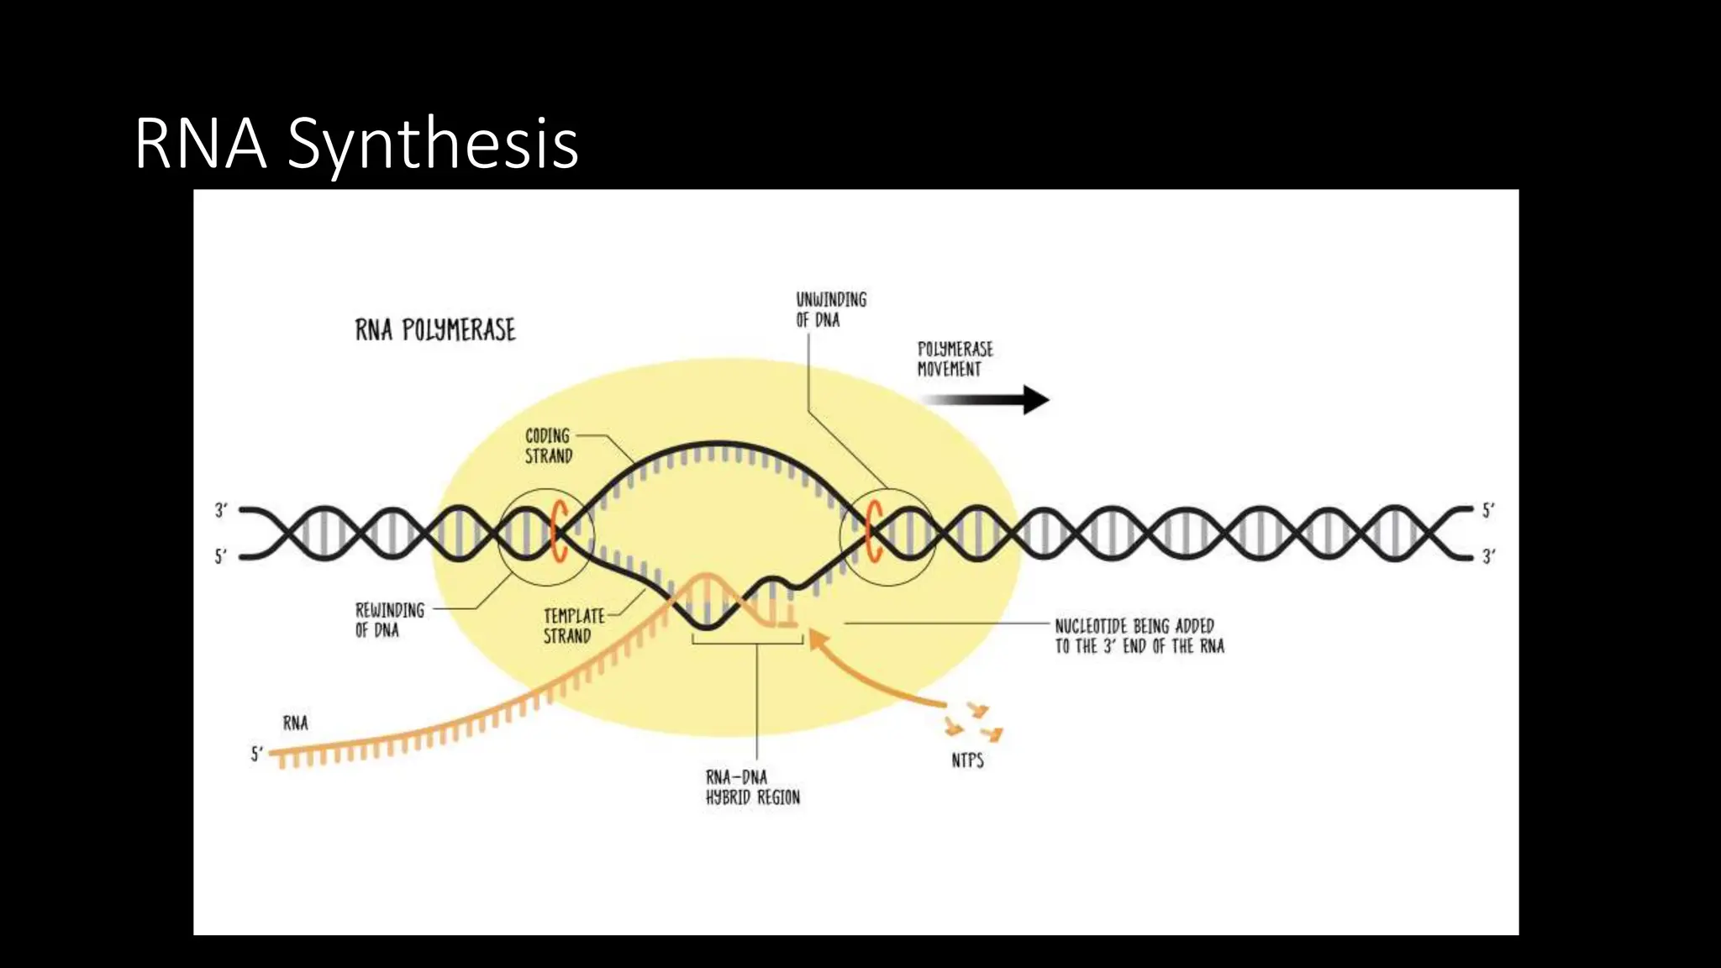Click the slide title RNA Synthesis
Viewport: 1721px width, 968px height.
tap(356, 144)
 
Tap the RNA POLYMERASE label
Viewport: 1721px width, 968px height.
tap(435, 330)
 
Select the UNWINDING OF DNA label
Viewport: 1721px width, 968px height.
tap(830, 309)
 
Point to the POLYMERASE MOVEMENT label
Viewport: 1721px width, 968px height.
tap(955, 359)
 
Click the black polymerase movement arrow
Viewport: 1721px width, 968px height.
tap(992, 400)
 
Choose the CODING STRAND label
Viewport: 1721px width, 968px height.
tap(548, 445)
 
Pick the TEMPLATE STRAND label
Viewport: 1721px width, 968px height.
tap(573, 626)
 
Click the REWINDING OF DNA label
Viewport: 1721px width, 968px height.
tap(389, 619)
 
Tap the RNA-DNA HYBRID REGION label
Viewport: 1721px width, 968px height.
tap(752, 787)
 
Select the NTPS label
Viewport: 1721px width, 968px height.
tap(967, 760)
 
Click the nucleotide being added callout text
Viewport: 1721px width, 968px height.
tap(1139, 636)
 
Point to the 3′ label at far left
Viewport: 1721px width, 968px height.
tap(221, 510)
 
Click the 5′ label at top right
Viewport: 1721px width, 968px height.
tap(1487, 510)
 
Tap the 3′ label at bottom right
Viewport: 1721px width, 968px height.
tap(1487, 556)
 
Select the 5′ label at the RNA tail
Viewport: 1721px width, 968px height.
tap(257, 754)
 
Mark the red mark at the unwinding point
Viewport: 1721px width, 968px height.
tap(873, 531)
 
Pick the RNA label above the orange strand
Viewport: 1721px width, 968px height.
tap(295, 723)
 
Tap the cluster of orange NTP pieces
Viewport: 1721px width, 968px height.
tap(975, 722)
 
